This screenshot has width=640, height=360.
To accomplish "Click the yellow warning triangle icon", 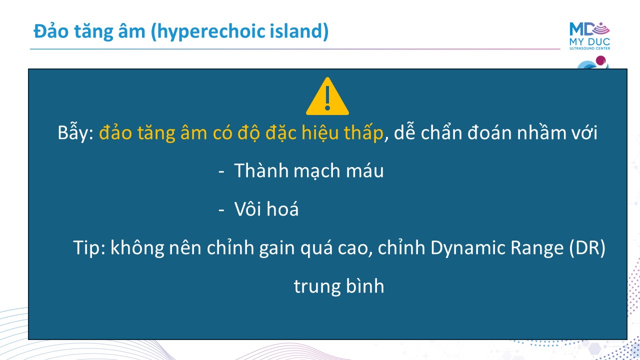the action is [327, 96].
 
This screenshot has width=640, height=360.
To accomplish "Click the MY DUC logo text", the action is [589, 41].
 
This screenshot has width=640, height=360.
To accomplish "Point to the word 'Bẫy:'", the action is [75, 132].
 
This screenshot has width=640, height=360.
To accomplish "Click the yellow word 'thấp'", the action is [363, 132].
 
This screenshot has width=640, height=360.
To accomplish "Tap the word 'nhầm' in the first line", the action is [541, 132].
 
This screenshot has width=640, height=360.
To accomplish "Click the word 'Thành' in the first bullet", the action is [261, 171].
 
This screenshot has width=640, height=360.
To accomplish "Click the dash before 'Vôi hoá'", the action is [221, 210].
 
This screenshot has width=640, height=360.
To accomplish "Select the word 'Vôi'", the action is [248, 208].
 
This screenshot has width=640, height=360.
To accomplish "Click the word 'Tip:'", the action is [89, 247].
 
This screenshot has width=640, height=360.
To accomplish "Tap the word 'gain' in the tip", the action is [277, 247].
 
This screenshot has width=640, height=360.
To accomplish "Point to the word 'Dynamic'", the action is [467, 247].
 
